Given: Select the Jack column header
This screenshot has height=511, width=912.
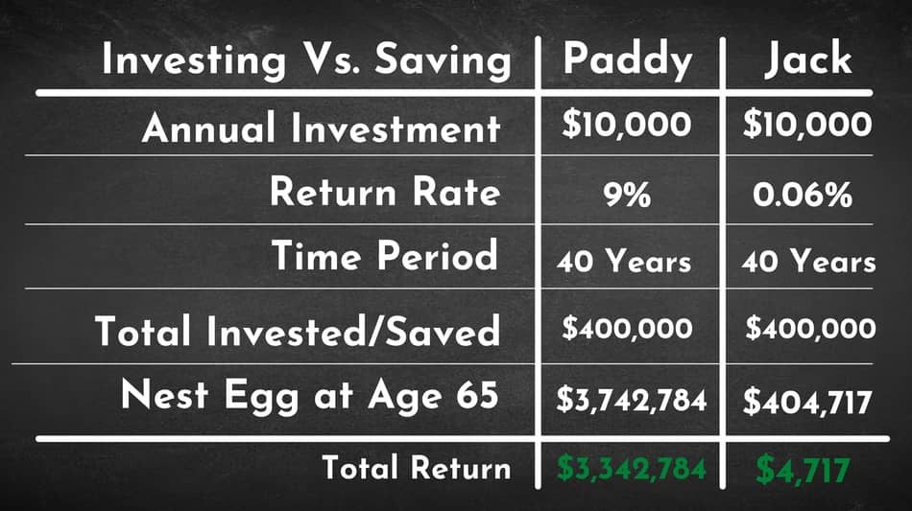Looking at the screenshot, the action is pyautogui.click(x=808, y=58).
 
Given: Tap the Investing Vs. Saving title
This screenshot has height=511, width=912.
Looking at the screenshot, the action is pyautogui.click(x=306, y=60).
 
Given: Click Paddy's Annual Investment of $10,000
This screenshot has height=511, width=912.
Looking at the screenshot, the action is pyautogui.click(x=627, y=124).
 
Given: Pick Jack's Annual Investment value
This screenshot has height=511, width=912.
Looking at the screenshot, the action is pyautogui.click(x=807, y=124).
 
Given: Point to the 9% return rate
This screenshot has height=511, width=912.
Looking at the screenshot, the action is pyautogui.click(x=627, y=195).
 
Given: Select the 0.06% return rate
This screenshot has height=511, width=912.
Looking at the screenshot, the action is pyautogui.click(x=803, y=195).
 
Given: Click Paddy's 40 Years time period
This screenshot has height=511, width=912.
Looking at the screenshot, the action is pyautogui.click(x=624, y=261).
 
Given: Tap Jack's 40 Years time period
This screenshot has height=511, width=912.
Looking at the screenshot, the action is pyautogui.click(x=808, y=261).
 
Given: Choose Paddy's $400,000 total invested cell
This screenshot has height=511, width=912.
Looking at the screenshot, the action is pyautogui.click(x=627, y=328).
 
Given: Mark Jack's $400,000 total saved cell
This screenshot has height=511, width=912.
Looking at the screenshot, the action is pyautogui.click(x=810, y=328).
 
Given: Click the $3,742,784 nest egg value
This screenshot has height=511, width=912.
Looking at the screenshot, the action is pyautogui.click(x=631, y=400).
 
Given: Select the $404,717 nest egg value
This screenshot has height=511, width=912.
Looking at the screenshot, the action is pyautogui.click(x=807, y=402).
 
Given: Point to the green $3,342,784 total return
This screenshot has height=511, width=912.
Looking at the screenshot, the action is pyautogui.click(x=631, y=469).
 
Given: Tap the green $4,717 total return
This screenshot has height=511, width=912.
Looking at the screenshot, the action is pyautogui.click(x=803, y=470).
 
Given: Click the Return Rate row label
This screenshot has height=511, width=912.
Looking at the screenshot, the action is pyautogui.click(x=385, y=192).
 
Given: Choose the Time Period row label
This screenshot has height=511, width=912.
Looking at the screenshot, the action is pyautogui.click(x=385, y=255).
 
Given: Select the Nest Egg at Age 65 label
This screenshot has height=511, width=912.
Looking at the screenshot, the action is pyautogui.click(x=310, y=396).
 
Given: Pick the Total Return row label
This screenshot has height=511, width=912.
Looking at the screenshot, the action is pyautogui.click(x=417, y=468).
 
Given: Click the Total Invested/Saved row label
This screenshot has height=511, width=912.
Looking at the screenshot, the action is pyautogui.click(x=298, y=331).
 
